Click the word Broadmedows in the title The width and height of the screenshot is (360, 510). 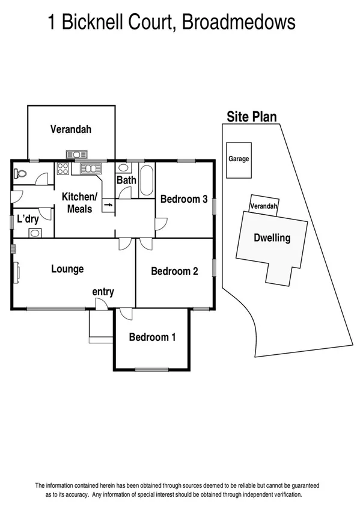point(239,23)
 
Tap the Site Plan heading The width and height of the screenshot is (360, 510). point(251,117)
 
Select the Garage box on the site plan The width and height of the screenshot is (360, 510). point(239,159)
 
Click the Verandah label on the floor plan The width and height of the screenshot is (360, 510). point(70,129)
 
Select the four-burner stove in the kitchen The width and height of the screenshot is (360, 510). point(63,169)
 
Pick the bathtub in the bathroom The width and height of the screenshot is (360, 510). point(147,180)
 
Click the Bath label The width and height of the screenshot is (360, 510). point(126,180)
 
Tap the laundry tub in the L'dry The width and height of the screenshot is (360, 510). point(35,233)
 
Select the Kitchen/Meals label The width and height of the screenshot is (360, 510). point(79,203)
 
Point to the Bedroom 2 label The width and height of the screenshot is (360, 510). point(174,271)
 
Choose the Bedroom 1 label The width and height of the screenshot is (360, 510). point(152,337)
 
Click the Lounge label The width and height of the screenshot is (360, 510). point(67,269)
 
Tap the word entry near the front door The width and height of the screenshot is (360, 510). point(103,292)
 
